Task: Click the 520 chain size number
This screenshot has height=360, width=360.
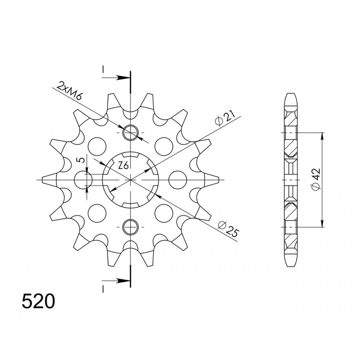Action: tap(38, 301)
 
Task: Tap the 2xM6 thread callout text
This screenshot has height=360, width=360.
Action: tap(69, 91)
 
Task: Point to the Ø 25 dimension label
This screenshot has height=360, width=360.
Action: tap(228, 229)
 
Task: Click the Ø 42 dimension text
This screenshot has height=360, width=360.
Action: tap(316, 179)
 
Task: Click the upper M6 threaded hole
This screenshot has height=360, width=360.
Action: tap(130, 133)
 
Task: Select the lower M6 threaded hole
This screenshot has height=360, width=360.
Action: tap(130, 227)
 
